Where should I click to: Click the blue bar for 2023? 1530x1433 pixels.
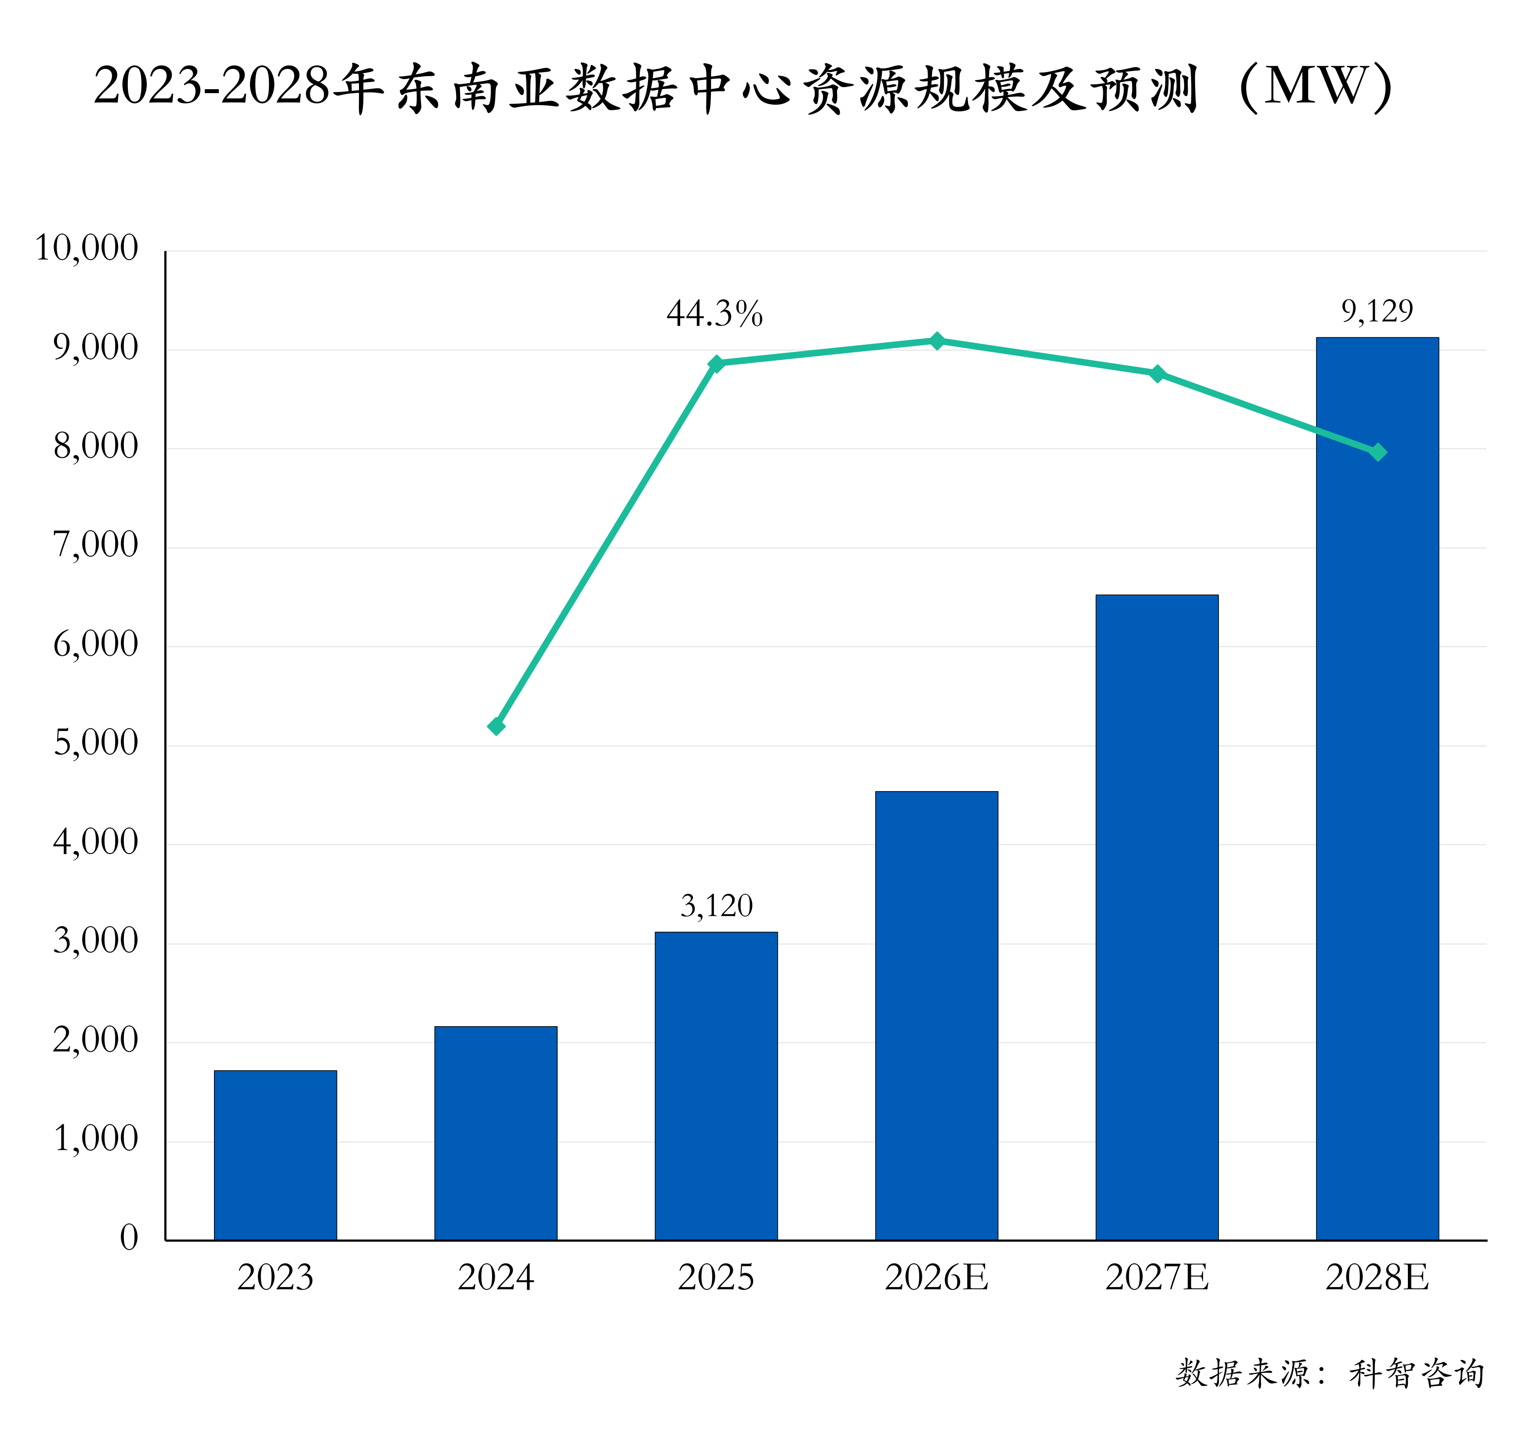click(x=276, y=1155)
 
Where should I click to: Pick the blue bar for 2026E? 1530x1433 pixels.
click(x=937, y=1016)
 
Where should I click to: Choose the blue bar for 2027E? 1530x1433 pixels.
click(x=1157, y=917)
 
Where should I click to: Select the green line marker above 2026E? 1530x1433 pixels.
click(x=937, y=341)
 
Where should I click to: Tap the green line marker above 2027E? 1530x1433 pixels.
click(x=1157, y=374)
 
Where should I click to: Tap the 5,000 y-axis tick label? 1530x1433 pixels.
click(x=95, y=743)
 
